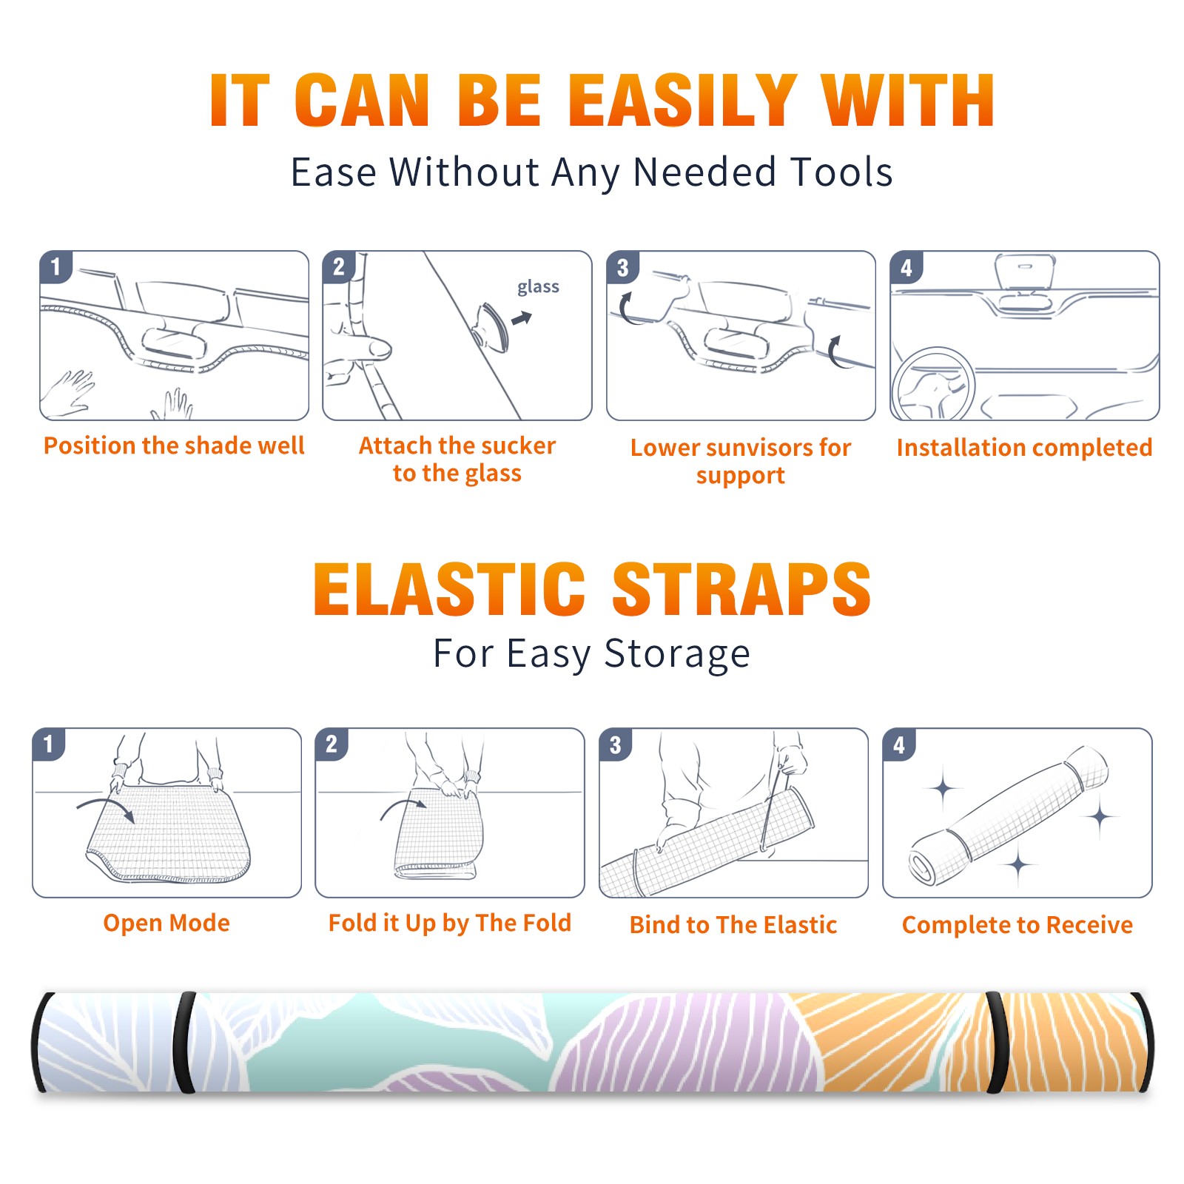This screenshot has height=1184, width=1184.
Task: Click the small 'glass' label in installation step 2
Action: pos(538,287)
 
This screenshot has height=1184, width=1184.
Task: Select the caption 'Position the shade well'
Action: pos(174,445)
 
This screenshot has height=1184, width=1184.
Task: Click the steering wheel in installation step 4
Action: pos(933,385)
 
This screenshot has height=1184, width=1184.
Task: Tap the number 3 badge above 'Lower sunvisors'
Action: pos(622,267)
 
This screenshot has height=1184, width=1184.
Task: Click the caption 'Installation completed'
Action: pos(1024,447)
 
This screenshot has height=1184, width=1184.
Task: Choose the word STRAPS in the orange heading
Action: pos(741,589)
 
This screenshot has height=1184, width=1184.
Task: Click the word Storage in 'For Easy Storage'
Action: pos(677,654)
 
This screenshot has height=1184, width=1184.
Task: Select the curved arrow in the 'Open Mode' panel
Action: pos(106,808)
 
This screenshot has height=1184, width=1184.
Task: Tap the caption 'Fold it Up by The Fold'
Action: pos(450,923)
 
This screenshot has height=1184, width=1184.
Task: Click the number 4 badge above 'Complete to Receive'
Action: pos(898,744)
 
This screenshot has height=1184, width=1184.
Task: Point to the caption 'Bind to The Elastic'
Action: pos(733,925)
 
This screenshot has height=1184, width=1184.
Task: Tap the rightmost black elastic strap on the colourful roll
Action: pos(997,1042)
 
